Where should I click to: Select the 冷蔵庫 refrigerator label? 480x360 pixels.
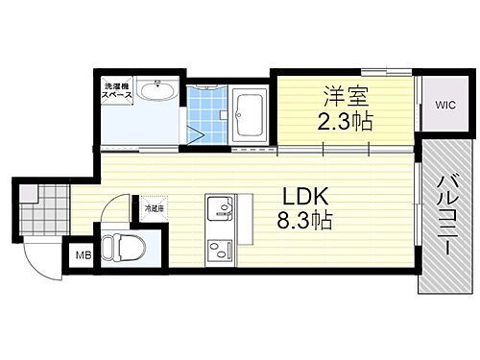tap(154, 207)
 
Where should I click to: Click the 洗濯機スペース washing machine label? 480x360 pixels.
tap(117, 95)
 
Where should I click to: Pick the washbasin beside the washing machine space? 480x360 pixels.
tap(155, 94)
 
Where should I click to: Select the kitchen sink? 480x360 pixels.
tap(219, 208)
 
